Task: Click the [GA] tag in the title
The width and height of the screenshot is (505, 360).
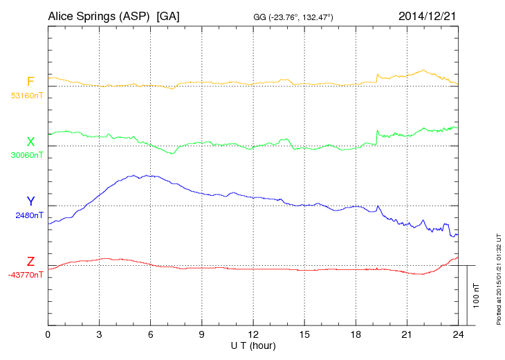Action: pos(168,16)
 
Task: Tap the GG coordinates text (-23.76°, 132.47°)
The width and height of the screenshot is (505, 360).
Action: pos(294,17)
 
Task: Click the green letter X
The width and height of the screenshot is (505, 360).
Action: pos(30,142)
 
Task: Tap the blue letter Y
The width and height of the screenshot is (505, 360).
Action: pos(30,201)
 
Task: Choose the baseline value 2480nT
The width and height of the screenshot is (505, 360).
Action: pos(29,215)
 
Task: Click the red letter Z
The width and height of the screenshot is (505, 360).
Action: pos(30,262)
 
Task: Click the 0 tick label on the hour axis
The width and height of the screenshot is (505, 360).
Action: pos(48,334)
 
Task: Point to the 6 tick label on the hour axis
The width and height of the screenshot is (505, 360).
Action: pos(150,334)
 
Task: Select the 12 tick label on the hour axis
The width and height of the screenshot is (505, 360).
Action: pos(253,334)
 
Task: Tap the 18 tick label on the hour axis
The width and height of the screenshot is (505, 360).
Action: pos(356,334)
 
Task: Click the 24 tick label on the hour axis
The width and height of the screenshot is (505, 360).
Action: pos(458,334)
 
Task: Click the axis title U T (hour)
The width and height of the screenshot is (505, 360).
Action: pos(253,345)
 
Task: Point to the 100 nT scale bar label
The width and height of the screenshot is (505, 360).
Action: pos(477,295)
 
